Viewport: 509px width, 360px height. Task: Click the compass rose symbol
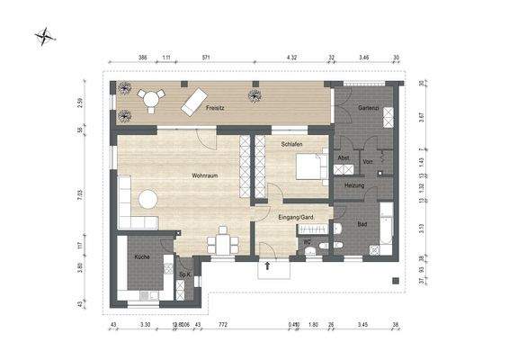point(45,37)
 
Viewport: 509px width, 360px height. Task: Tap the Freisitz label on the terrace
point(214,108)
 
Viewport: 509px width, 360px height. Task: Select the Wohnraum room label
point(204,175)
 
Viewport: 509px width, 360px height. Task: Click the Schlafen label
point(290,144)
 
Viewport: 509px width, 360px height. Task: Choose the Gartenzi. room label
point(367,108)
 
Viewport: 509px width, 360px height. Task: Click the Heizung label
point(354,185)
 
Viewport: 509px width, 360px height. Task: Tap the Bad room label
point(362,224)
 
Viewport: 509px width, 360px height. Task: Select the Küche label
point(141,257)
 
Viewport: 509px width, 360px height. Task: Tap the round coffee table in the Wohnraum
point(146,199)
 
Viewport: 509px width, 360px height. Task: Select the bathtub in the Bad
point(386,226)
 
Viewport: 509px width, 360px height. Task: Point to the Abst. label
point(344,158)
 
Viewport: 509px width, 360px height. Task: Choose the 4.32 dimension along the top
point(291,58)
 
